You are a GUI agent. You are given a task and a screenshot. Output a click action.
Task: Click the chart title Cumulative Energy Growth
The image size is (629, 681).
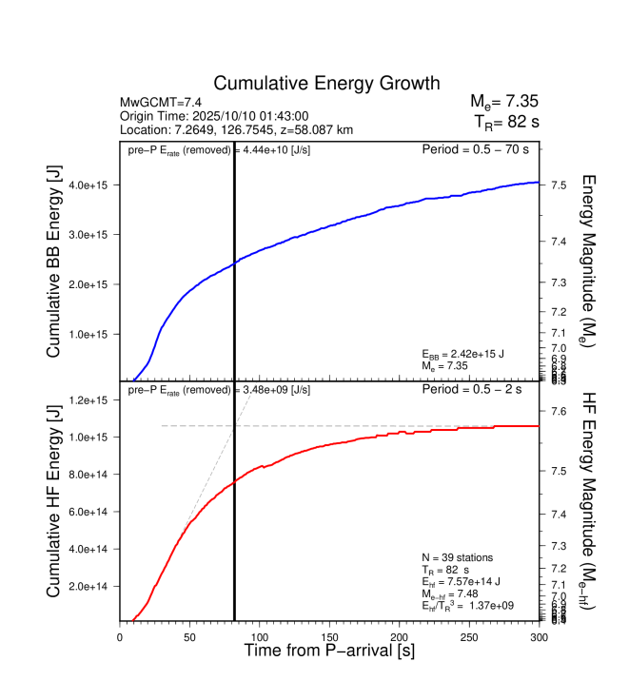pos(326,83)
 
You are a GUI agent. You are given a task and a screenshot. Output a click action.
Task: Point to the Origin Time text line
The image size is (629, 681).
pos(215,115)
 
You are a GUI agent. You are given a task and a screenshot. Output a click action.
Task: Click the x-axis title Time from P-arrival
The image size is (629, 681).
pos(329,652)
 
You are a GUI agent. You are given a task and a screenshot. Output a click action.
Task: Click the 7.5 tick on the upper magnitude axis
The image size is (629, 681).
pos(559,185)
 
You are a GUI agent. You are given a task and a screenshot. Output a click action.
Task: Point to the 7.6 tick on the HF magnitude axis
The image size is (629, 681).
pos(559,411)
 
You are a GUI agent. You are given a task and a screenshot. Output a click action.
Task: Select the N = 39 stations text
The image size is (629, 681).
pos(457,556)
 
